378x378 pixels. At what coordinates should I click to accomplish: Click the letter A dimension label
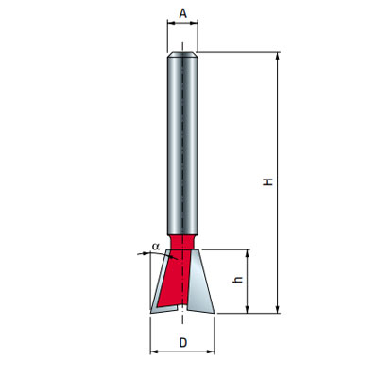coord(183,13)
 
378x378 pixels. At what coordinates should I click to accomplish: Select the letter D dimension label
coord(183,343)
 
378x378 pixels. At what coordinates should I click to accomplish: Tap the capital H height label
coord(268,181)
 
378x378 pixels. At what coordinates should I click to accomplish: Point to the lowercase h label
coord(238,280)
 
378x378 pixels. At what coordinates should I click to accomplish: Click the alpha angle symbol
coord(156,247)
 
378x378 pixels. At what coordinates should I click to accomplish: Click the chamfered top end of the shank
coord(182,55)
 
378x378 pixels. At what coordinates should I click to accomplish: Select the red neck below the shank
coord(181,242)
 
